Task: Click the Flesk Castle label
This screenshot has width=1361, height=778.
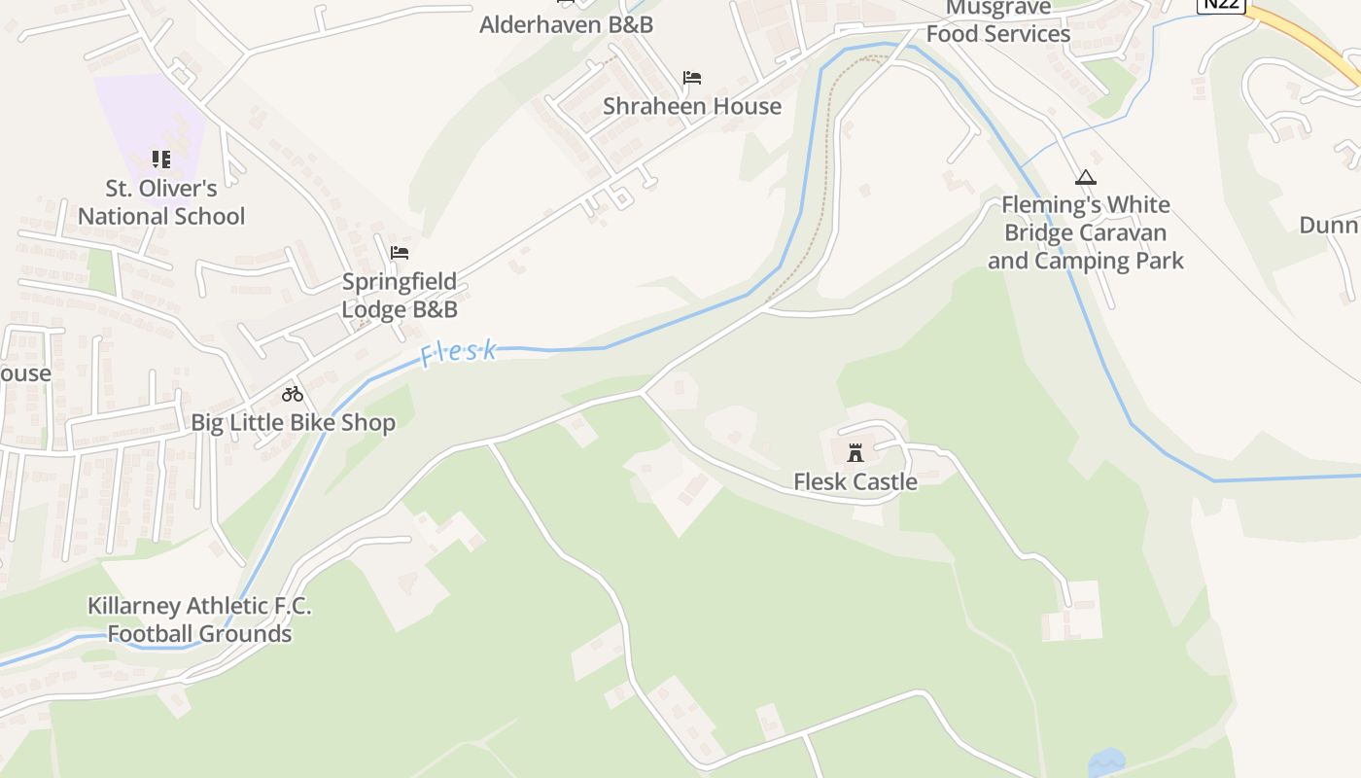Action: click(855, 481)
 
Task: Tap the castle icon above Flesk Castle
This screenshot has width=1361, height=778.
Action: click(855, 453)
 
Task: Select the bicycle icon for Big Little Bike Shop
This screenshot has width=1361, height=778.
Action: click(293, 394)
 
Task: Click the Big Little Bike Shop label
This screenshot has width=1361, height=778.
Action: click(293, 423)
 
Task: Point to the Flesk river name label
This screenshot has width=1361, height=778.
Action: click(459, 352)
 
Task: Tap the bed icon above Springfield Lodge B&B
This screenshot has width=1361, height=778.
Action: click(399, 253)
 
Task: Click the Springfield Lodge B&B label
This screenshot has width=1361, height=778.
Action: click(399, 296)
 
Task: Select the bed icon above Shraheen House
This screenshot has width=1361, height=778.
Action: click(692, 78)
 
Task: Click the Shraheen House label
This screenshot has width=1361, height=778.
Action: click(692, 106)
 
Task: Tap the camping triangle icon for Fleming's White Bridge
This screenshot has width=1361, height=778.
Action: click(1086, 177)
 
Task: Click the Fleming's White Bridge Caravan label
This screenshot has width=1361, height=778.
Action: click(1086, 233)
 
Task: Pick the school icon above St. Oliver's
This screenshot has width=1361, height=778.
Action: click(161, 159)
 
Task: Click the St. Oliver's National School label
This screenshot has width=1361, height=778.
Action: click(161, 201)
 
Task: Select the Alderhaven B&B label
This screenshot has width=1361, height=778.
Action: click(566, 24)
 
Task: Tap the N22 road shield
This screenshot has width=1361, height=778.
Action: click(1220, 4)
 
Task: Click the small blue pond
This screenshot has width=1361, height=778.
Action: click(1106, 761)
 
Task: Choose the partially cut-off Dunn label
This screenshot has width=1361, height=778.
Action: click(1330, 226)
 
